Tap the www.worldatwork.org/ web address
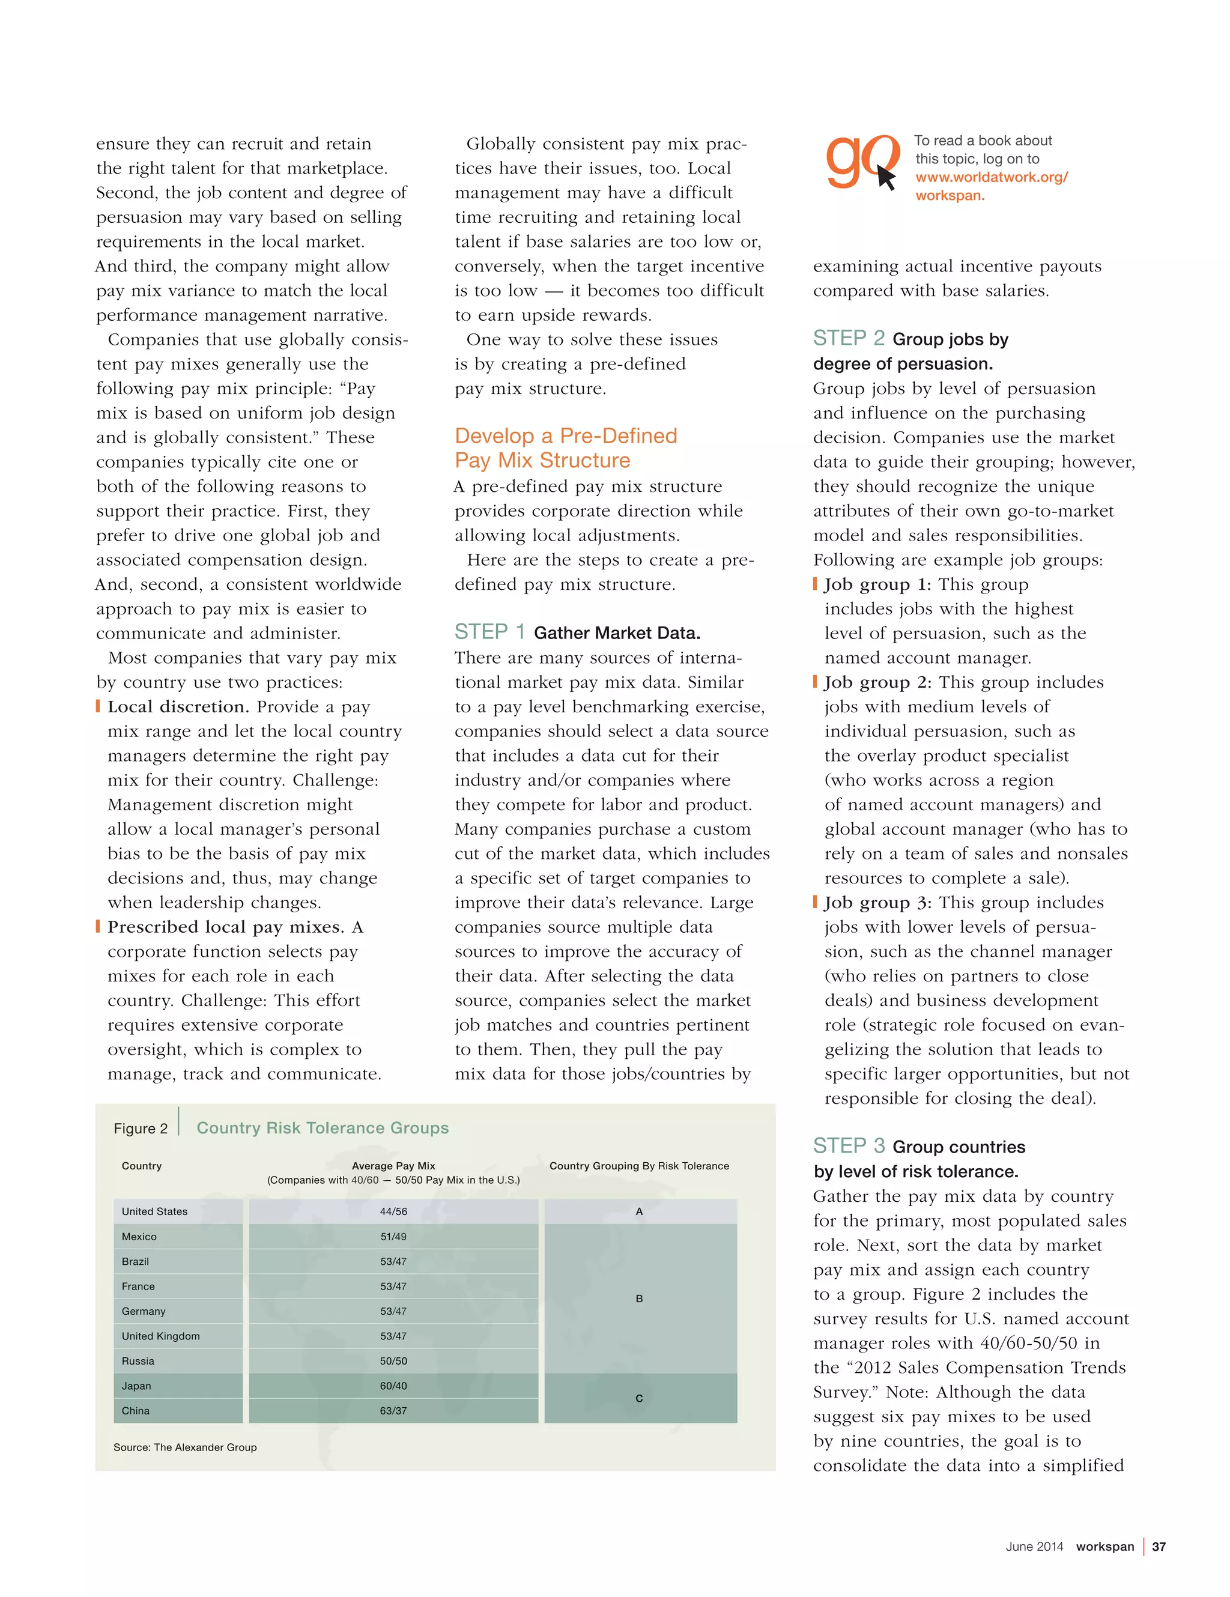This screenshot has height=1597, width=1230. (991, 177)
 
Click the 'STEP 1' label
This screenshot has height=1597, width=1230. (489, 632)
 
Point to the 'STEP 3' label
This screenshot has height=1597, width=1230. (848, 1146)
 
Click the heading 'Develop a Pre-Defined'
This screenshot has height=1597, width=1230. (565, 436)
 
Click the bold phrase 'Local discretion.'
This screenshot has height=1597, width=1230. (178, 706)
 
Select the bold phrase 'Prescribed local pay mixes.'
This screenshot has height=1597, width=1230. (225, 927)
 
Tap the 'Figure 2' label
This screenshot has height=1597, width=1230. (141, 1129)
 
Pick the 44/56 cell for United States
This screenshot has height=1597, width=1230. (393, 1211)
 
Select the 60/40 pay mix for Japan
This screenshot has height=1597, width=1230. (393, 1386)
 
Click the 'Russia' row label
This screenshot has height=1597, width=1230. (138, 1361)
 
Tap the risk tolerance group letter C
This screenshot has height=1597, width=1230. (638, 1398)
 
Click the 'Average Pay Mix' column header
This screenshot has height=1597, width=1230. (393, 1166)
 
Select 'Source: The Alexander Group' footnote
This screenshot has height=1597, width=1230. (185, 1447)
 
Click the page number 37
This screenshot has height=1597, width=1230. (1159, 1547)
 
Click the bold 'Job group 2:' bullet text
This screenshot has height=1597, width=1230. (877, 682)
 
